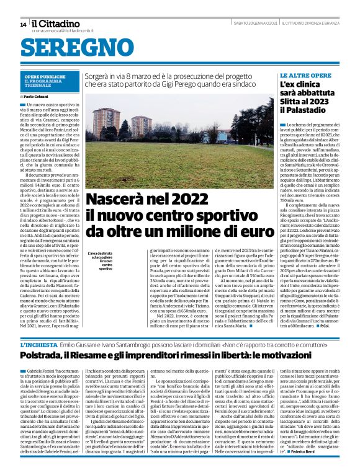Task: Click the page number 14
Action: (x=22, y=24)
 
